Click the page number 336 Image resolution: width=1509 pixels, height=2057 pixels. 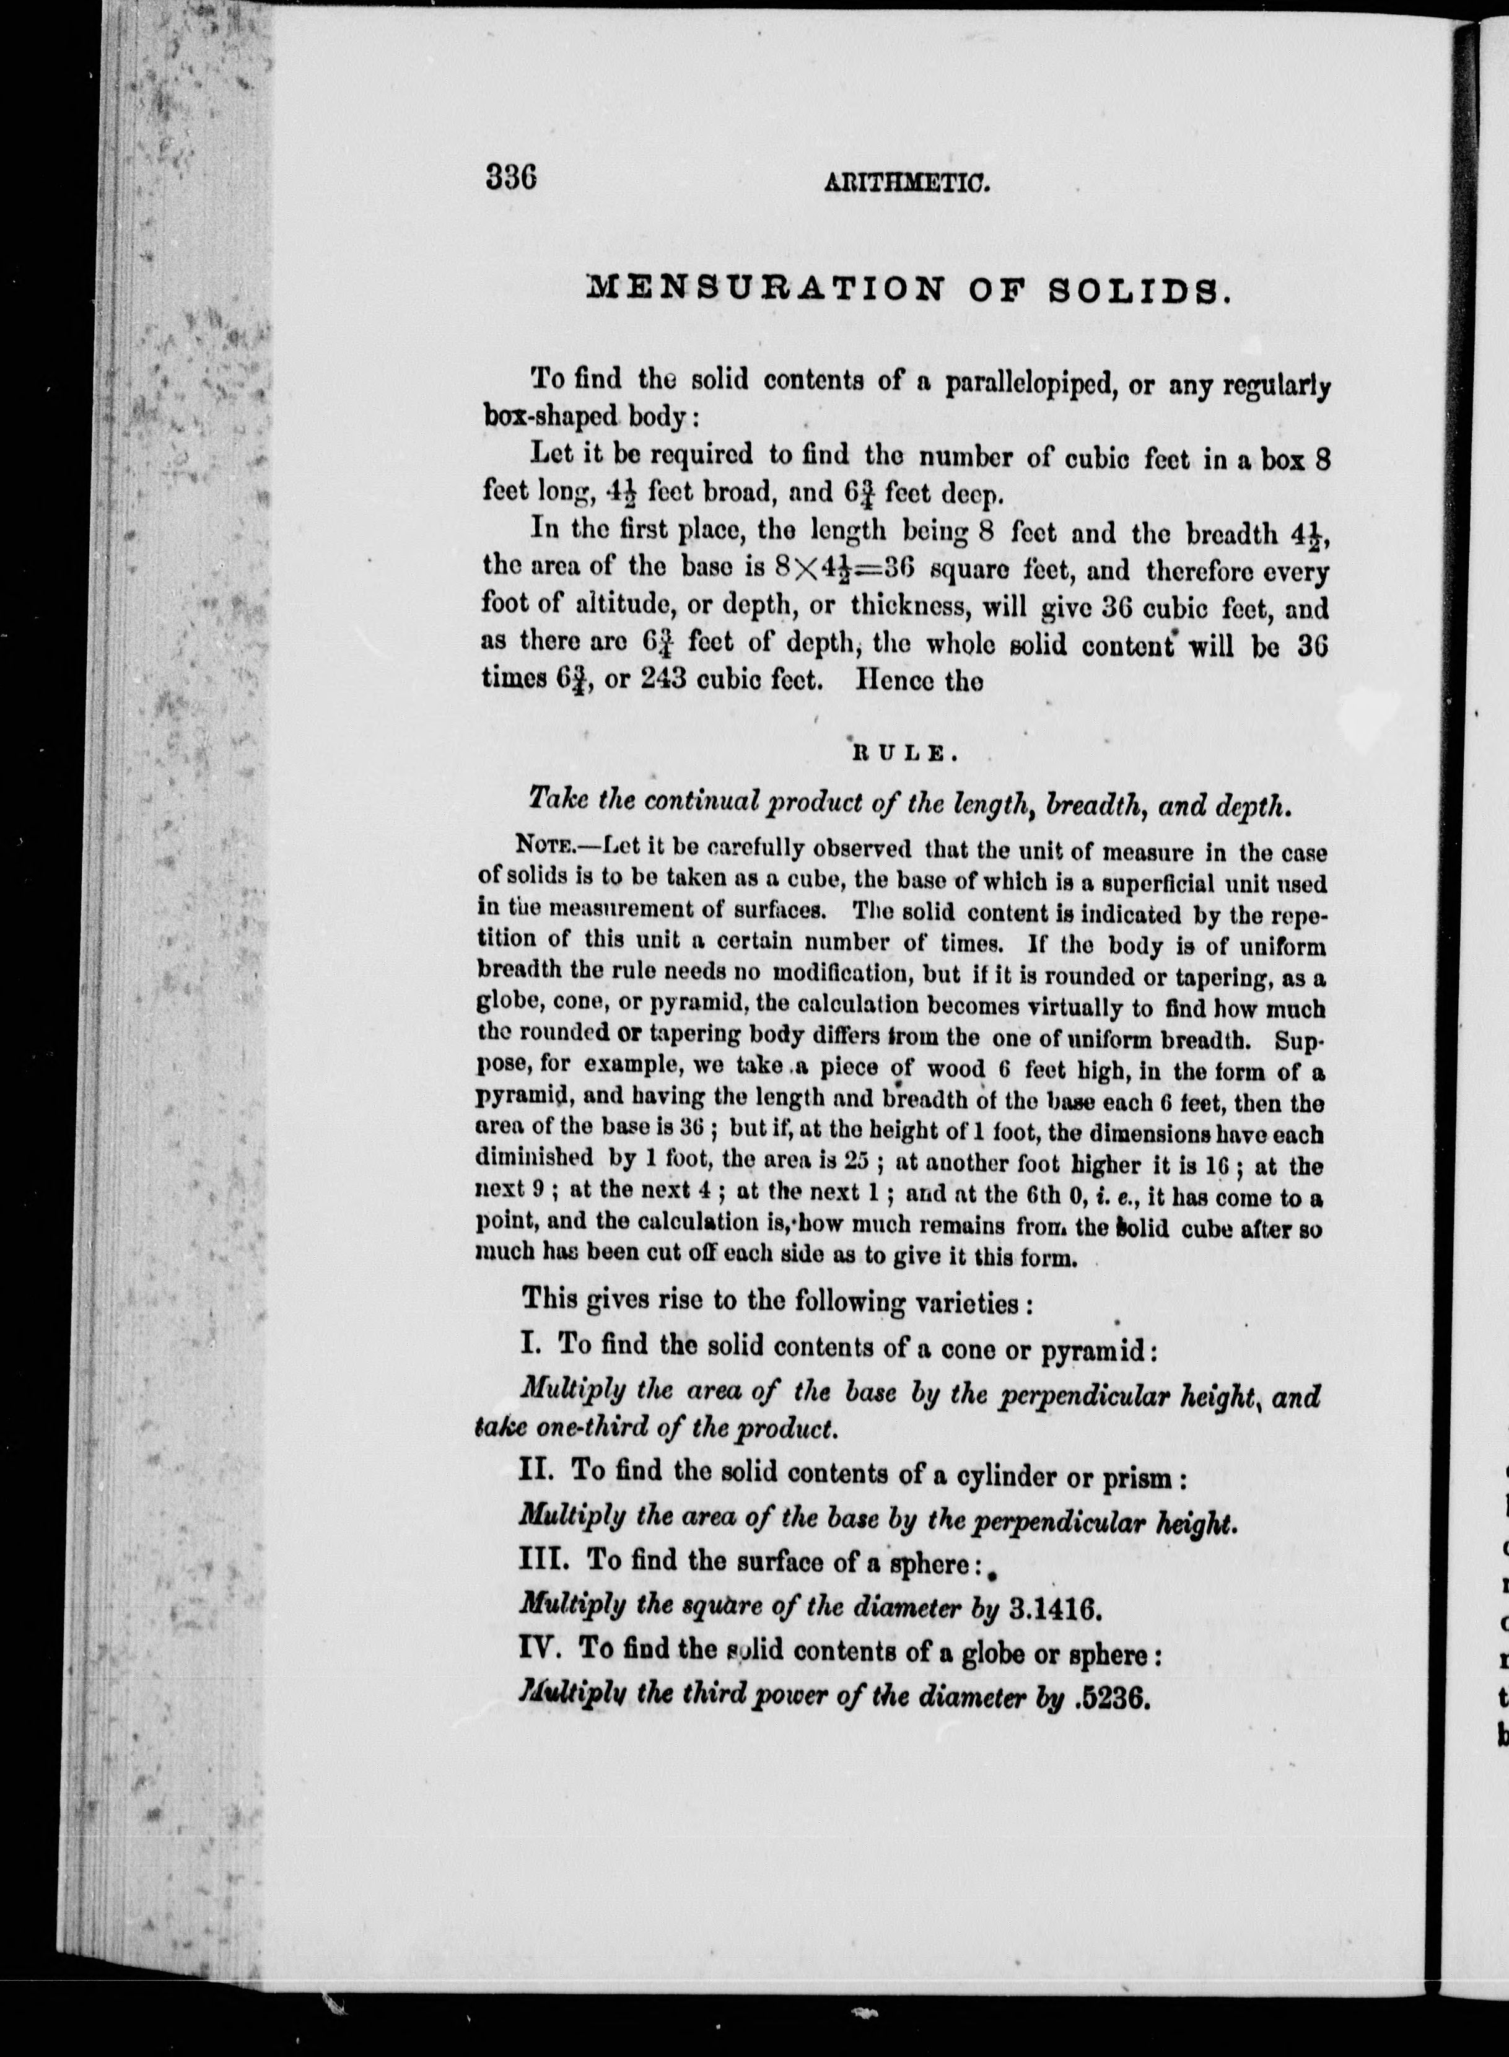click(x=510, y=173)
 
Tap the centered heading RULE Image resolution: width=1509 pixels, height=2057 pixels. click(x=903, y=753)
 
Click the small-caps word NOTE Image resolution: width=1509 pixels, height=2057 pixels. click(x=545, y=848)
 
